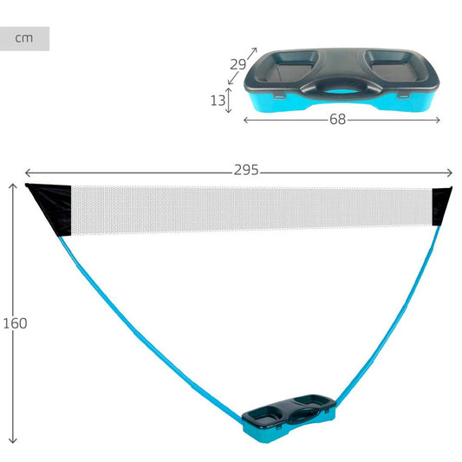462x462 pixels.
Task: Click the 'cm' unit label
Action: tap(24, 38)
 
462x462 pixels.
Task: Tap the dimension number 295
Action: tap(246, 170)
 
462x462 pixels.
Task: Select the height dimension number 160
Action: tap(15, 323)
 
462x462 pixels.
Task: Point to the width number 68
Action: tap(338, 120)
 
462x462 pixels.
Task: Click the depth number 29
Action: tap(238, 64)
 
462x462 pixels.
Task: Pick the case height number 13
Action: tap(218, 101)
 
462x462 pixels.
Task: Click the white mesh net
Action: tap(251, 209)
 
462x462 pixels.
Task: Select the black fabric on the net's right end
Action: tap(440, 205)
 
